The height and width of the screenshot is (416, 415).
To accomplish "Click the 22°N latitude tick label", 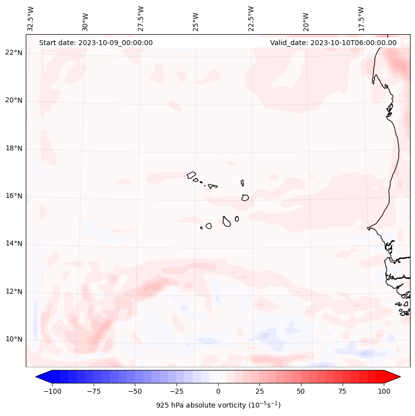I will click(x=14, y=53).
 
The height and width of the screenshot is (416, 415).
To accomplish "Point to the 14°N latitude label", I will click(x=14, y=244).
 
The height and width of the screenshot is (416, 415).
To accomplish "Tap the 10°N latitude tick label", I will click(x=14, y=340).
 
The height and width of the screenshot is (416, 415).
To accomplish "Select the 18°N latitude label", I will click(x=14, y=148).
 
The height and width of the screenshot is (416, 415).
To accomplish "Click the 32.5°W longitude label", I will click(x=31, y=18).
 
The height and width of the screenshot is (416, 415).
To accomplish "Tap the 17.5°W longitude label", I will click(x=360, y=18).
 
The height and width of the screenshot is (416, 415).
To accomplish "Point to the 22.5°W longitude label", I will click(x=250, y=18).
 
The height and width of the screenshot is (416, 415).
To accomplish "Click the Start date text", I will click(x=96, y=43).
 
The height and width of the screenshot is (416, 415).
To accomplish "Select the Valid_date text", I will click(x=333, y=43).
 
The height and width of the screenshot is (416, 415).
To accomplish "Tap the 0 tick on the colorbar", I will click(x=218, y=391).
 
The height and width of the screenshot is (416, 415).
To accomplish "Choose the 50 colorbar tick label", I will click(x=300, y=391).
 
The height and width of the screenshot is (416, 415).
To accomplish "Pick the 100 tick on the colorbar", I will click(x=384, y=391).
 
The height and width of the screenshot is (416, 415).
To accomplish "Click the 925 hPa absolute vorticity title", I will click(x=218, y=405).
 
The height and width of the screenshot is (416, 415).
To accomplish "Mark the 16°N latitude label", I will click(x=14, y=196).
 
